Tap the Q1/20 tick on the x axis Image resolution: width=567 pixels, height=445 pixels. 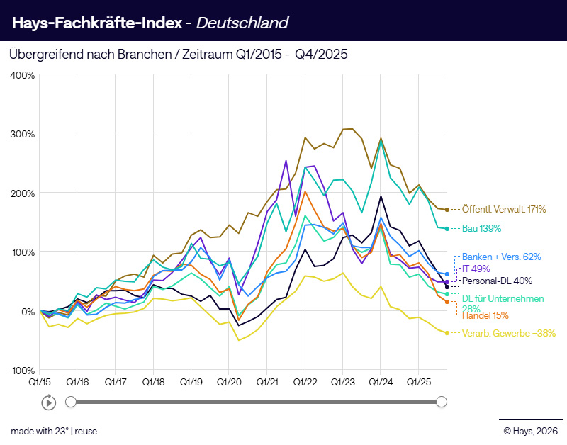click(229, 382)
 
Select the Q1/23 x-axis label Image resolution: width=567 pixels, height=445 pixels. click(342, 382)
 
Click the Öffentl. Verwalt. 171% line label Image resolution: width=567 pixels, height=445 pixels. click(503, 210)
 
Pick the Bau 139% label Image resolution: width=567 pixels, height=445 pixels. click(481, 228)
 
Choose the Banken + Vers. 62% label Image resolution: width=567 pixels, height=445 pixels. click(501, 257)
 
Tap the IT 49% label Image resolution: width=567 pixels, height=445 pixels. click(476, 269)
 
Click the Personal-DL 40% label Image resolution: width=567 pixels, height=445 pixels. click(497, 281)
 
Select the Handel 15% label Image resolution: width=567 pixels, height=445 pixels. click(486, 315)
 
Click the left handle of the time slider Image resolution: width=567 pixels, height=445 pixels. click(71, 402)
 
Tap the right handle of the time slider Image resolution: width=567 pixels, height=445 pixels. click(442, 402)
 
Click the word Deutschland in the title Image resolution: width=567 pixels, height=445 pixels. click(242, 23)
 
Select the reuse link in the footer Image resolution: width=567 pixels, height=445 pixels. click(86, 430)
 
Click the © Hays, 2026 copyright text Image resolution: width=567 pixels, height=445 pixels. click(530, 430)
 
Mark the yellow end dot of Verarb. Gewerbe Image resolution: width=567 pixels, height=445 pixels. click(447, 332)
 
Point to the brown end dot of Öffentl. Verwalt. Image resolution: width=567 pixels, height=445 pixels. click(447, 210)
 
